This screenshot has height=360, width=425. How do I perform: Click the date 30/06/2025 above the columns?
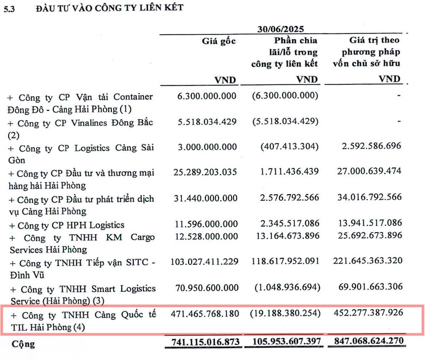pyautogui.click(x=280, y=29)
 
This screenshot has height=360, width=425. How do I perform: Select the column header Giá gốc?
pyautogui.click(x=219, y=41)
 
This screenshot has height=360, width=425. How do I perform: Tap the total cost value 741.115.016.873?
pyautogui.click(x=204, y=344)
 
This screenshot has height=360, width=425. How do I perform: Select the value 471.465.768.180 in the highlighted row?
pyautogui.click(x=204, y=314)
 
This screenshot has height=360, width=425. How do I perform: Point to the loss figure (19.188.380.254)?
pyautogui.click(x=285, y=314)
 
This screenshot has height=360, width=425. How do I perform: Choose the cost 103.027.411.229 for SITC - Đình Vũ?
pyautogui.click(x=204, y=262)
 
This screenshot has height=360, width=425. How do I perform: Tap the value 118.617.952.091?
pyautogui.click(x=285, y=262)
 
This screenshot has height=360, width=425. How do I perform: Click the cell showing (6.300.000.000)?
pyautogui.click(x=285, y=96)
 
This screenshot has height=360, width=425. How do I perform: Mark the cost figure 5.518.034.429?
pyautogui.click(x=207, y=121)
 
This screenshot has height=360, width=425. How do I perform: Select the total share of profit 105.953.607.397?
pyautogui.click(x=285, y=344)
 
